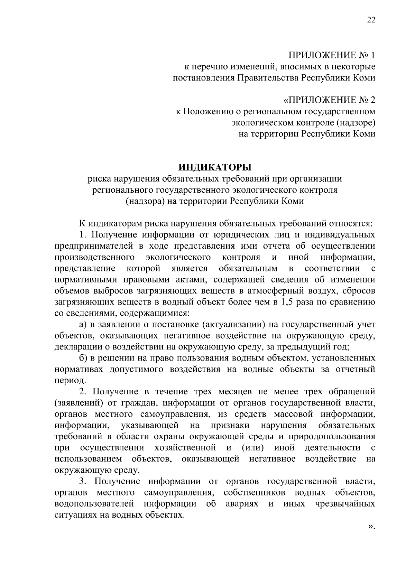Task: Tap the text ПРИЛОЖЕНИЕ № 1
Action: point(332,55)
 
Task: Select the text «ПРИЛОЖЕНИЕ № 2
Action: point(329,100)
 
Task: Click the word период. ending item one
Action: point(70,381)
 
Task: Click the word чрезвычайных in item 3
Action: point(345,504)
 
